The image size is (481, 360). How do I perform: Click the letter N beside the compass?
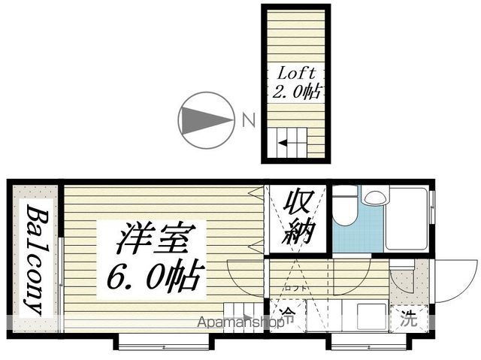click(x=249, y=120)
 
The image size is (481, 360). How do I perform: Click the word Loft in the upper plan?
click(x=296, y=74)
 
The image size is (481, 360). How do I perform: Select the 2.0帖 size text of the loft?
click(x=297, y=91)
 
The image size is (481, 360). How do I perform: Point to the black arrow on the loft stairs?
click(x=283, y=143)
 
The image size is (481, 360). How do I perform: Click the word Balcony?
click(x=37, y=259)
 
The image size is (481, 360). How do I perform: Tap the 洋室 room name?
click(x=156, y=238)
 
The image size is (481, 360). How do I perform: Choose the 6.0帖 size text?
click(x=156, y=276)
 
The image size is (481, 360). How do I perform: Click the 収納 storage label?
click(x=298, y=217)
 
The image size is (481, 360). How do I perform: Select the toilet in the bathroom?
click(x=346, y=205)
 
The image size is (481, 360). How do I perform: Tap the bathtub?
click(x=407, y=219)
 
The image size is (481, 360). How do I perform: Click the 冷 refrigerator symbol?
click(x=288, y=315)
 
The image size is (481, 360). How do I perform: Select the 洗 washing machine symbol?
click(x=410, y=319)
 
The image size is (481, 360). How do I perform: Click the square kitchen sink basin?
click(x=372, y=316)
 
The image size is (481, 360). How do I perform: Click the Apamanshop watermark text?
click(x=240, y=322)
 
